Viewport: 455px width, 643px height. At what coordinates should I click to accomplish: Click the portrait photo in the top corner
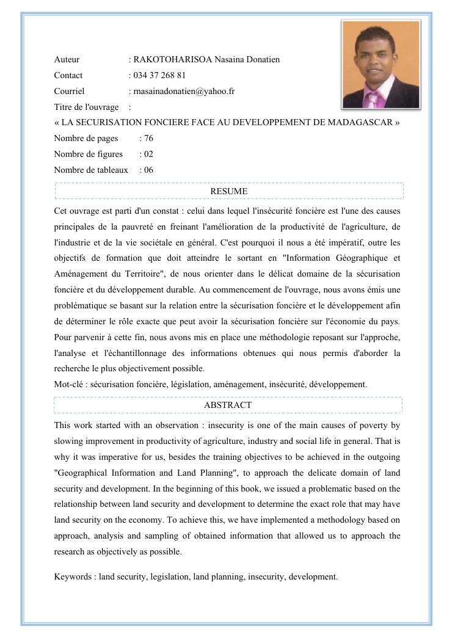(x=381, y=64)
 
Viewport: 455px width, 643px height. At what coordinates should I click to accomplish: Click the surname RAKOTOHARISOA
(x=173, y=60)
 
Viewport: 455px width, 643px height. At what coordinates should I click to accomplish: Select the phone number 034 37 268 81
(x=159, y=76)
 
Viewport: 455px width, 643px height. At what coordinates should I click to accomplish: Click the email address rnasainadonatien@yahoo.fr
(x=184, y=92)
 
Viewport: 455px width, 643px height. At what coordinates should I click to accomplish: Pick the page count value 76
(x=148, y=139)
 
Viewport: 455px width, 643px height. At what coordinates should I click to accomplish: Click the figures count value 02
(x=148, y=154)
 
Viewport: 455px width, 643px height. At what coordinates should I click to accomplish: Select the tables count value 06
(x=148, y=170)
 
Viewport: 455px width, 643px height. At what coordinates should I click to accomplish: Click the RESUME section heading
(x=228, y=191)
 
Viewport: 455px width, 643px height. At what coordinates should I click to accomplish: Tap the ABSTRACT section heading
(x=228, y=405)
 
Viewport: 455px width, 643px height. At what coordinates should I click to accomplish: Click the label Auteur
(x=67, y=60)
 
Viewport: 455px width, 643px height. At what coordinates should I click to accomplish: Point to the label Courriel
(x=69, y=92)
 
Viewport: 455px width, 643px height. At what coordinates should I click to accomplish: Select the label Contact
(x=68, y=76)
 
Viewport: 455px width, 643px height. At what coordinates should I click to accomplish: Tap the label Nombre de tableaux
(x=91, y=170)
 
